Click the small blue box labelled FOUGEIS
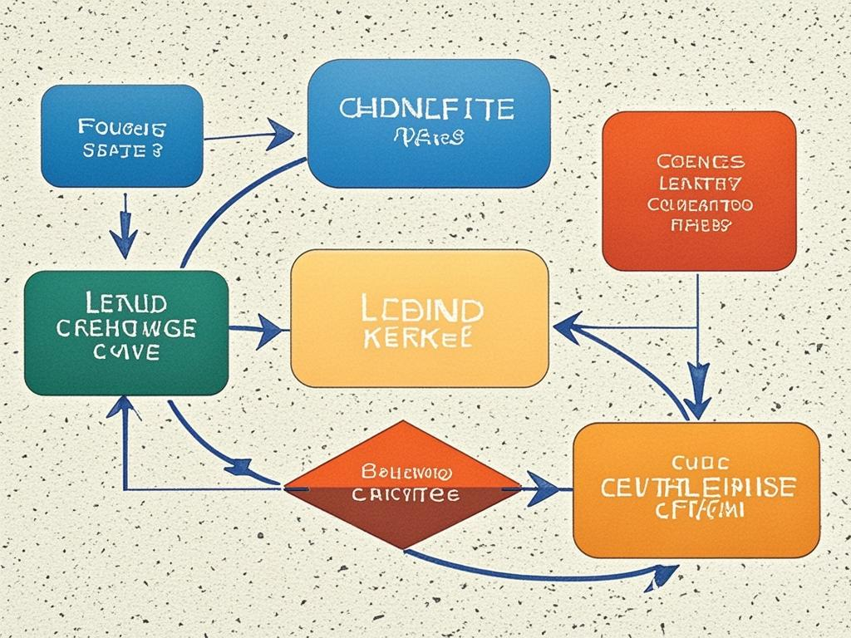pos(121,136)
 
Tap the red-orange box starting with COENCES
pos(698,191)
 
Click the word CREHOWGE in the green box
pos(126,328)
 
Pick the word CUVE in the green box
pos(126,353)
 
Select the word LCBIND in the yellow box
pos(422,310)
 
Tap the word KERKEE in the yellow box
pos(418,338)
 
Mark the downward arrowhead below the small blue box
pos(125,243)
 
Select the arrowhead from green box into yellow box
pos(271,331)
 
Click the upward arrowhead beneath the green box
pos(125,407)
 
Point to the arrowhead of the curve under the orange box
pos(665,573)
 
